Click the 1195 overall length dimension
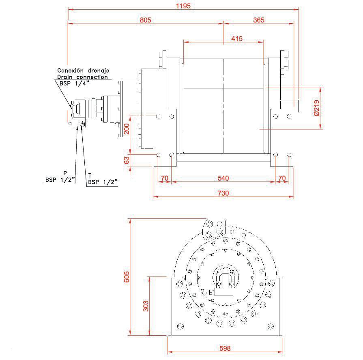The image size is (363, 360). coord(183,6)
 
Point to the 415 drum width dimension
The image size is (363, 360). coord(236,39)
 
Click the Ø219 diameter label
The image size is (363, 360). coord(317,108)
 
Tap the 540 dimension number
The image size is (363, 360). coord(223,178)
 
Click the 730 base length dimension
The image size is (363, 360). coord(223,193)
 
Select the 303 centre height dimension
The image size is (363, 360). coord(146,305)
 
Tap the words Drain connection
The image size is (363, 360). coord(82,77)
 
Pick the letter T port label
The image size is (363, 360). coord(89,175)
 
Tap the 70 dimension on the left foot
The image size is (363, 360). coord(164,178)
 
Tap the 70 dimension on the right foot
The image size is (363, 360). coord(282,178)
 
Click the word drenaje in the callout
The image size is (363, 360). coord(98,70)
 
